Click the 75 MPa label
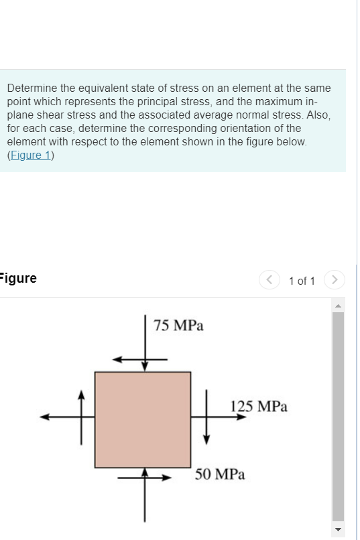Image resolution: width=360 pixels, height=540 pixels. [178, 326]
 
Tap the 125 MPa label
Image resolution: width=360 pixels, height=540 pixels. [259, 406]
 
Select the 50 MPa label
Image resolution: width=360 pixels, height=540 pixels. [220, 474]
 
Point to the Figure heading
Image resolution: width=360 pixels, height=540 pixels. [18, 279]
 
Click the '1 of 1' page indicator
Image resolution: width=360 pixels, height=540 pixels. [302, 281]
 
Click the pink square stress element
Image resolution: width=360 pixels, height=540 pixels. [143, 419]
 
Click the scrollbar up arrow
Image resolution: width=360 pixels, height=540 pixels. [339, 306]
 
